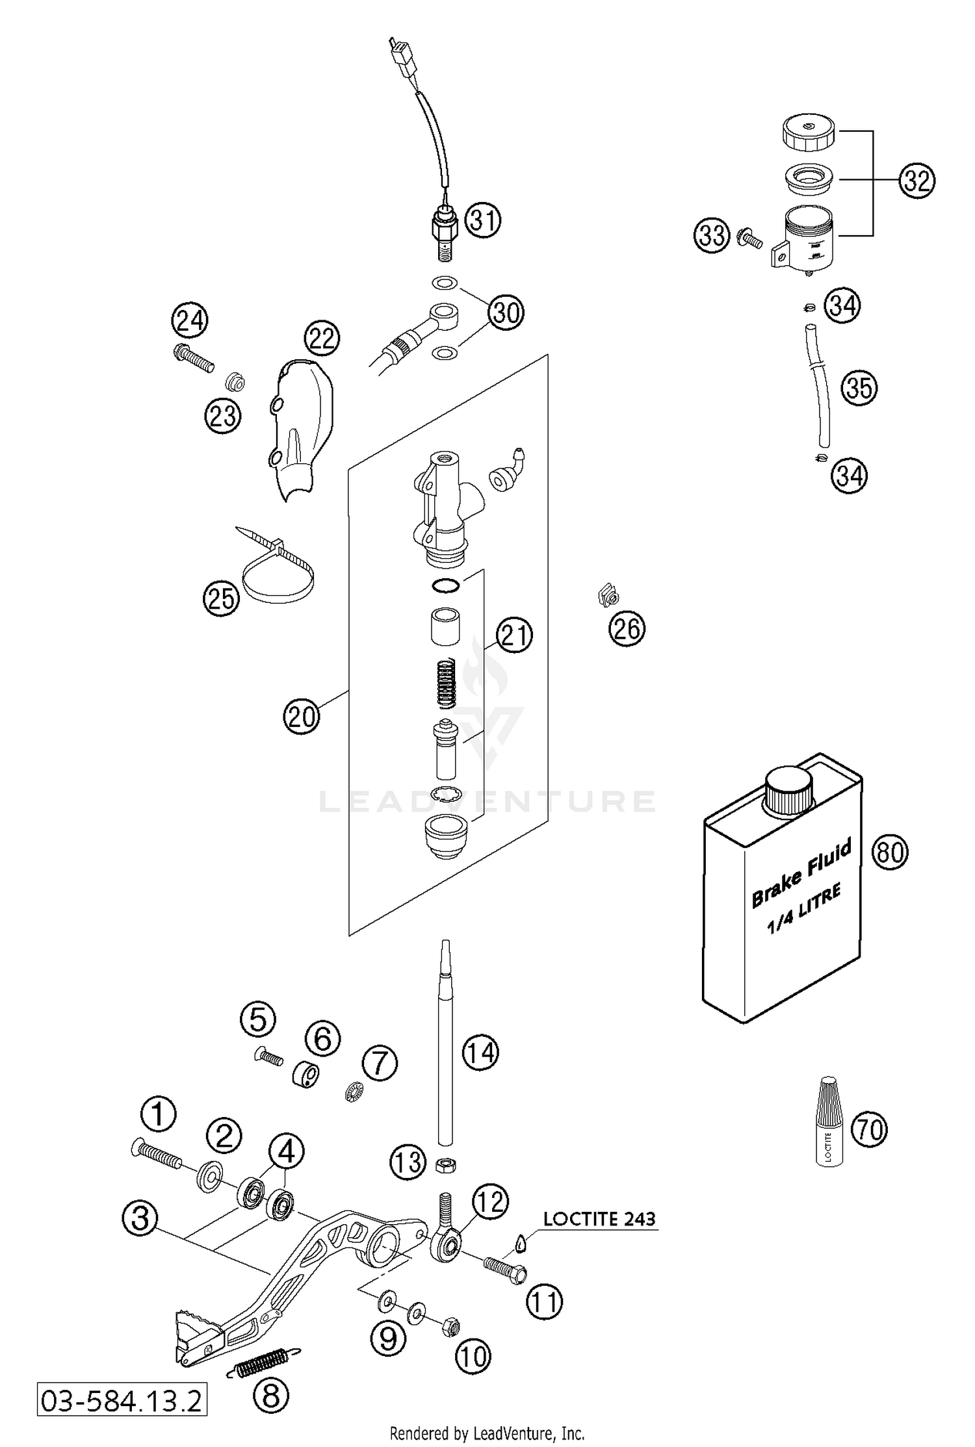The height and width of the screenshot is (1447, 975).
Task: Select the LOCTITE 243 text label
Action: click(x=599, y=1219)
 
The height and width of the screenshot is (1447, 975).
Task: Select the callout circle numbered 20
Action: click(x=302, y=717)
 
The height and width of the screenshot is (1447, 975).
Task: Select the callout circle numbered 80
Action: click(x=889, y=851)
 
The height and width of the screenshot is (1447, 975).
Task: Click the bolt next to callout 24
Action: click(x=194, y=357)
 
